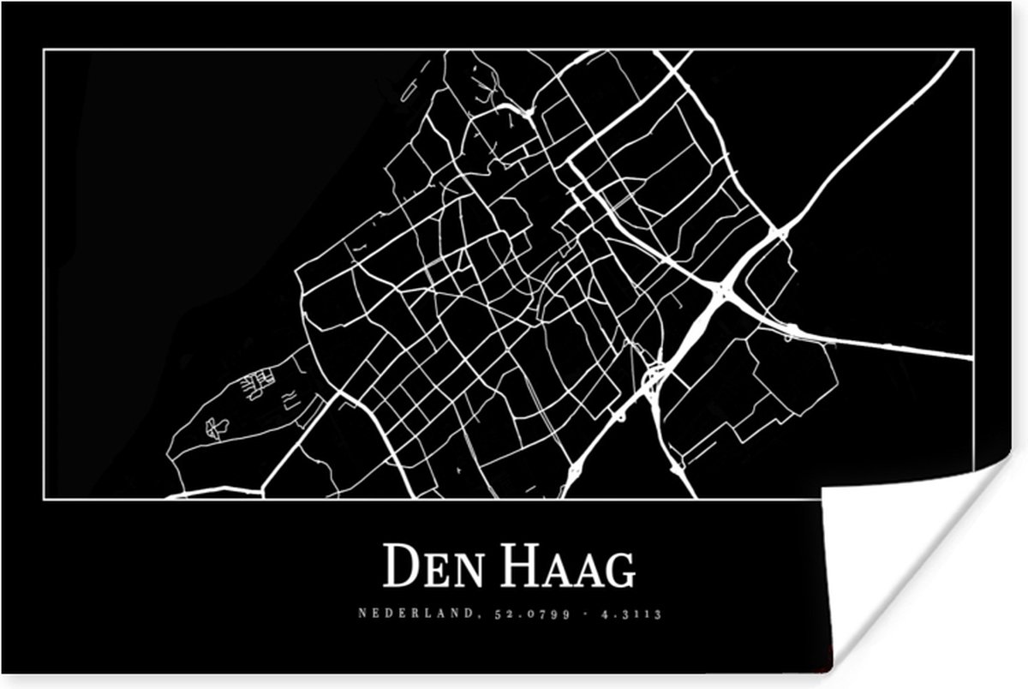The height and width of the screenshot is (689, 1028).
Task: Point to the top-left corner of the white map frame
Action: pos(44,50)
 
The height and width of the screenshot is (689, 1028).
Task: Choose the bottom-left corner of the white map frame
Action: pos(44,497)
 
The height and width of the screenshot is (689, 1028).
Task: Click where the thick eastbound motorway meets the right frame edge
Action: pos(971,356)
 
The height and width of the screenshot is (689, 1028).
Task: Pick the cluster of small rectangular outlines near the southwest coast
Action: pos(258,383)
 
